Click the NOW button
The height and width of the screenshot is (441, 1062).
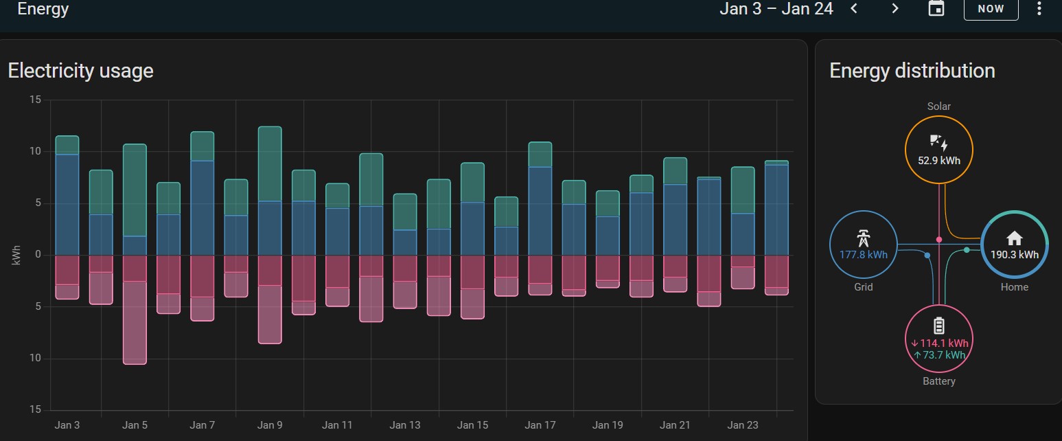point(991,9)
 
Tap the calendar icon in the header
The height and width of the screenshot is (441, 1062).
point(936,8)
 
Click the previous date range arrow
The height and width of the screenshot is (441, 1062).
point(854,8)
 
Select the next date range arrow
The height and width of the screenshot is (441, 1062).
point(894,8)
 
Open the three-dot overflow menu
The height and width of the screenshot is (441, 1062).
point(1038,8)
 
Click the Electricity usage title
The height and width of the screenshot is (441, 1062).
point(80,71)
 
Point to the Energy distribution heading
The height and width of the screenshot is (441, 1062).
point(912,71)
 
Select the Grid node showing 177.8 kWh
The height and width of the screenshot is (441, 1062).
point(863,245)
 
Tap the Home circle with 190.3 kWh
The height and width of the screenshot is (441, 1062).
point(1014,245)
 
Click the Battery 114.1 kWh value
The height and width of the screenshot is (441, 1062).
point(939,343)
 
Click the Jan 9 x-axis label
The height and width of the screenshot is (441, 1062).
point(270,425)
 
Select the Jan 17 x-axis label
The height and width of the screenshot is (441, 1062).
point(540,425)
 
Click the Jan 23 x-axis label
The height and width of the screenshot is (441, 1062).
point(743,425)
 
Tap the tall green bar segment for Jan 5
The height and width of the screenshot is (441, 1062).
point(135,190)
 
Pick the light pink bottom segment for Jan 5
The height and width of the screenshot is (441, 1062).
point(135,322)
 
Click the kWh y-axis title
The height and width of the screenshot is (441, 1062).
point(16,255)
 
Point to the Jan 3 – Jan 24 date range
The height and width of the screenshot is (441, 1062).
point(776,9)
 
